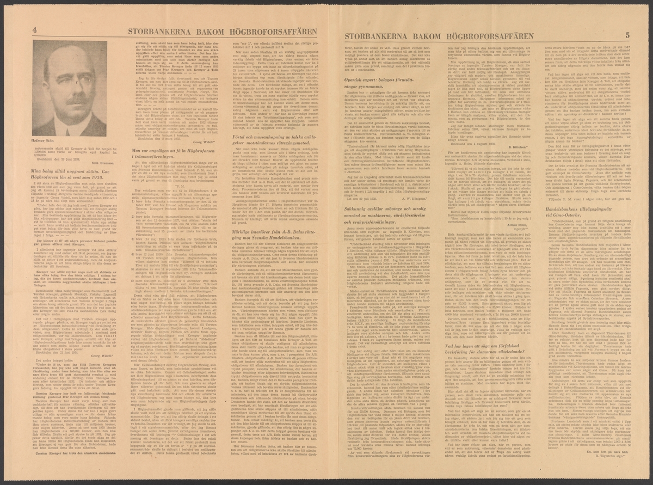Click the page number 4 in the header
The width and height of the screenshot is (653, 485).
click(x=35, y=30)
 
